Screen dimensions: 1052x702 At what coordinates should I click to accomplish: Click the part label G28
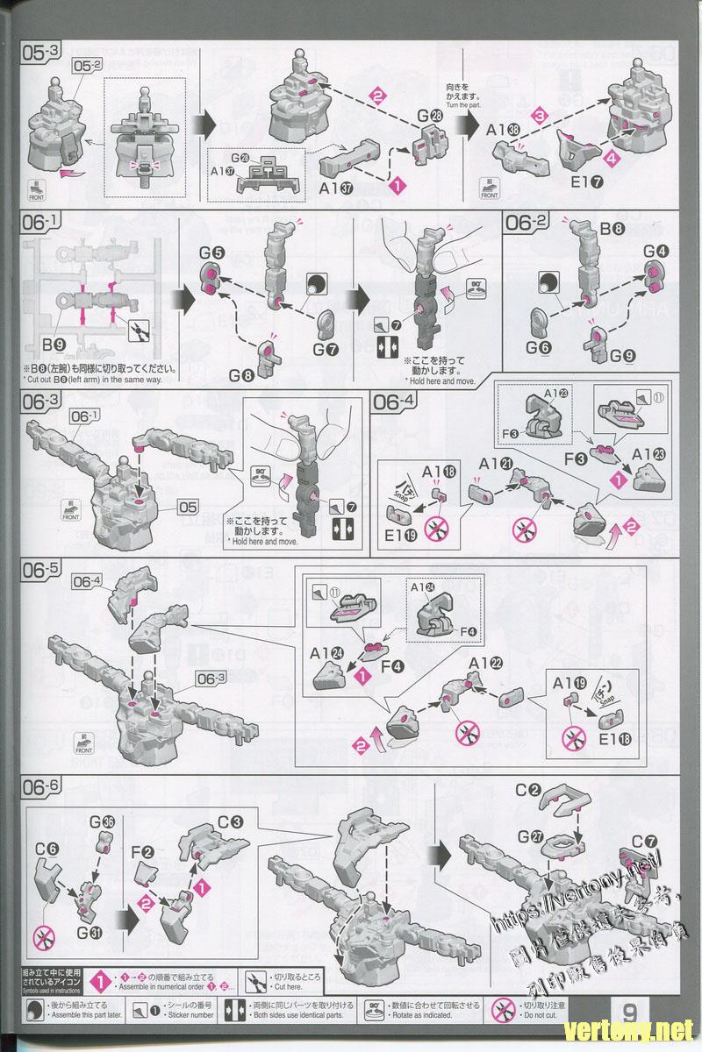[430, 117]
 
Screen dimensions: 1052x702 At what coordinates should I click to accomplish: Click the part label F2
[142, 851]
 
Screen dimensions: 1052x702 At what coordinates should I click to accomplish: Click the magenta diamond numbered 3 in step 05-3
[541, 114]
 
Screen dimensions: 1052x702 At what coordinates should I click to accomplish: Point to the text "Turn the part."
[464, 105]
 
